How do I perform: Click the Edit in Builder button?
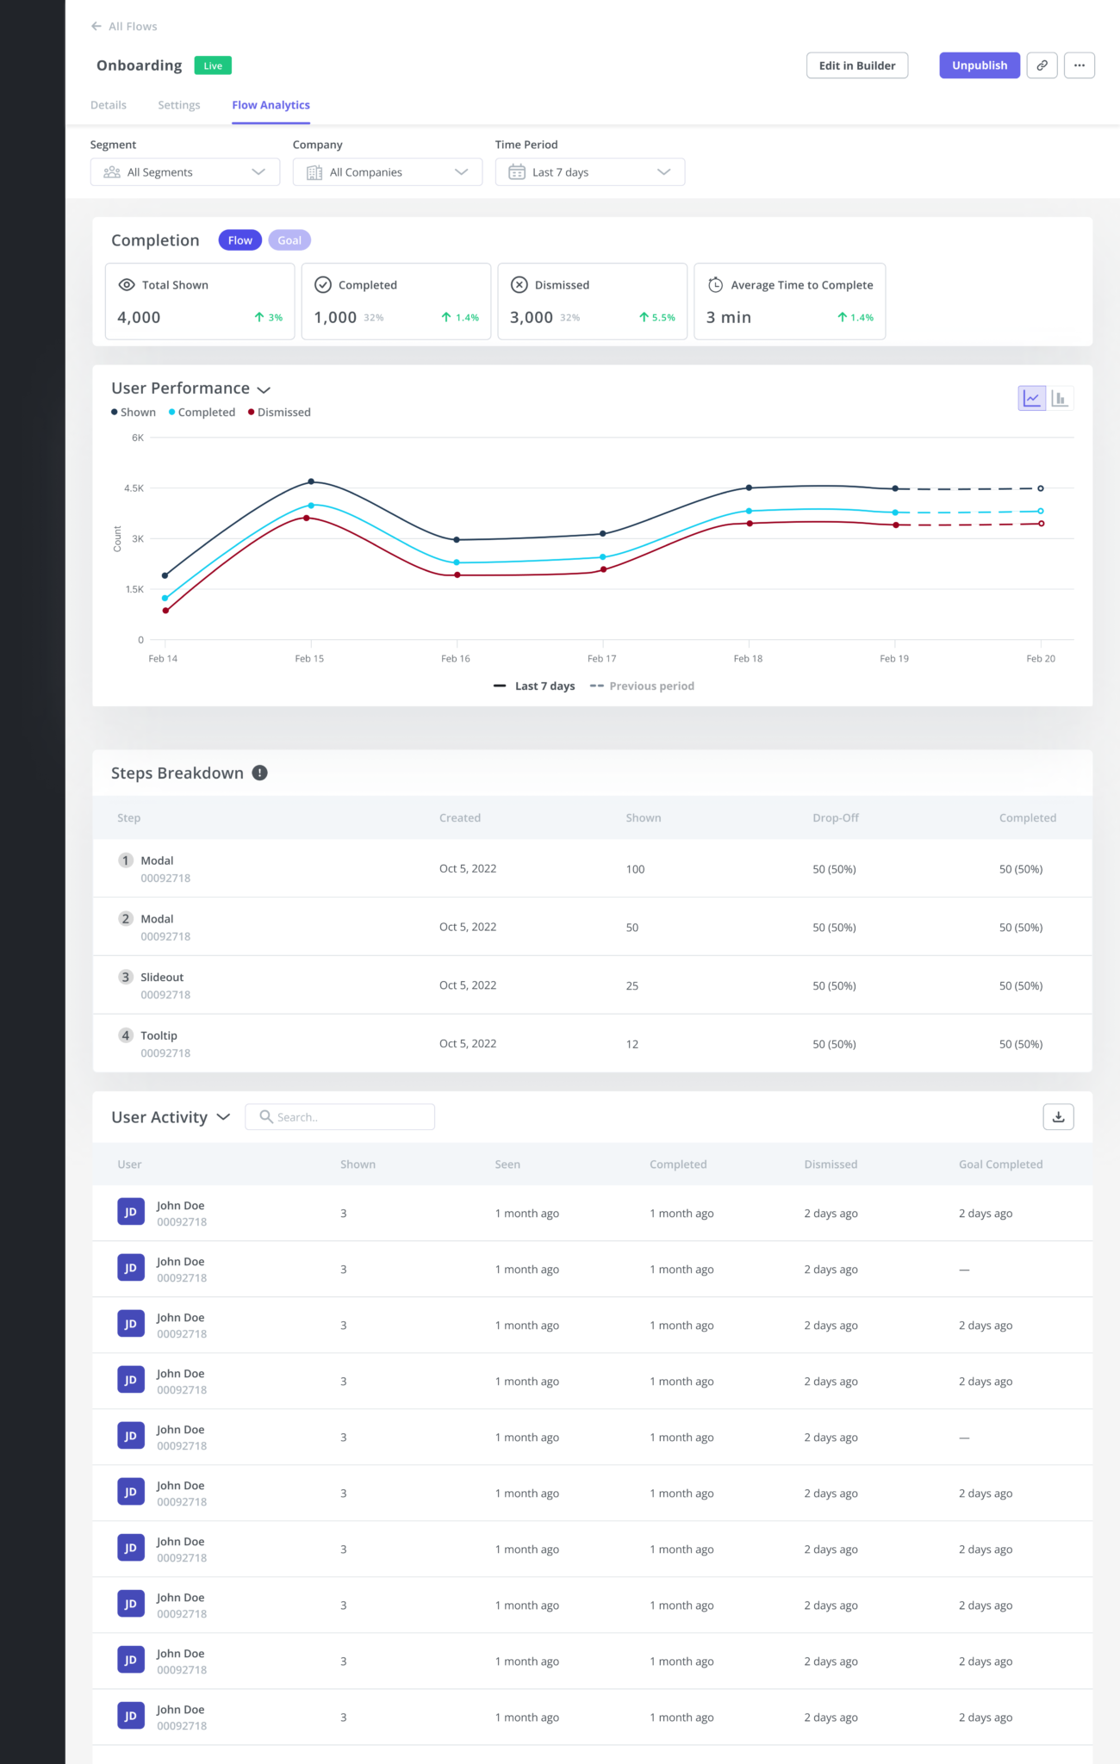(856, 65)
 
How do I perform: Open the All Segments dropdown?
(184, 172)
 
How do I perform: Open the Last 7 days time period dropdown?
(589, 172)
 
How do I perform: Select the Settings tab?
(178, 105)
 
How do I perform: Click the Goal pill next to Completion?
(289, 240)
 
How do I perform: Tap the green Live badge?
(213, 65)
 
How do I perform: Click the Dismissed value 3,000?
(532, 318)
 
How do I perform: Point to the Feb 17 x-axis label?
(601, 659)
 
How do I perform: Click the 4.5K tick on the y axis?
(134, 488)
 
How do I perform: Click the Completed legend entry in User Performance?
(205, 413)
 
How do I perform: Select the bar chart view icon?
(1060, 398)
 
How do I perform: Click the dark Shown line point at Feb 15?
(311, 481)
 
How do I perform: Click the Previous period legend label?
(650, 686)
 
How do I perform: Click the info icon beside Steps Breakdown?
(259, 773)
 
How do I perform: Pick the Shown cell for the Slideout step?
(632, 986)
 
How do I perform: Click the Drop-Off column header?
(835, 818)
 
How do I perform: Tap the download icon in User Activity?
(1058, 1117)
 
